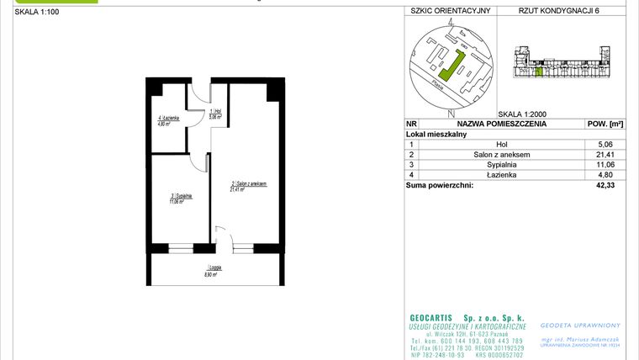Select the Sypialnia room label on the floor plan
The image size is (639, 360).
click(182, 198)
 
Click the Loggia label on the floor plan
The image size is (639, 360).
click(212, 269)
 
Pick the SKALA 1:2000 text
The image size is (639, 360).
click(522, 113)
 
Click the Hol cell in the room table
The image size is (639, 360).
click(501, 145)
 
